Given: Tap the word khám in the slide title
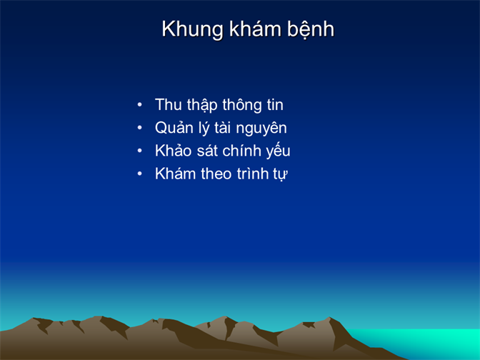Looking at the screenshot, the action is point(255,29).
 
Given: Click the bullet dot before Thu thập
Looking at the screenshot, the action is point(139,105).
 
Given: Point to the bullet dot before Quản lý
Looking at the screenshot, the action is point(139,128).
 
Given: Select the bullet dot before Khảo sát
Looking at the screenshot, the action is point(139,151).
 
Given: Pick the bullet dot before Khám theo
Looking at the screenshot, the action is point(139,174).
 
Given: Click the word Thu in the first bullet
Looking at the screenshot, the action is point(169,105).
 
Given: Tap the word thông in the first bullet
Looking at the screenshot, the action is point(242,105).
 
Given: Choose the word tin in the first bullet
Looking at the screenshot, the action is point(275,105).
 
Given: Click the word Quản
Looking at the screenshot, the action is point(174,128).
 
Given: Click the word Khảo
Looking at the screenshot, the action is point(174,151).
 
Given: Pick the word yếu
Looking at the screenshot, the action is point(278,151).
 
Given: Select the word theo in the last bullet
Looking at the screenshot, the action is point(216,174).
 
